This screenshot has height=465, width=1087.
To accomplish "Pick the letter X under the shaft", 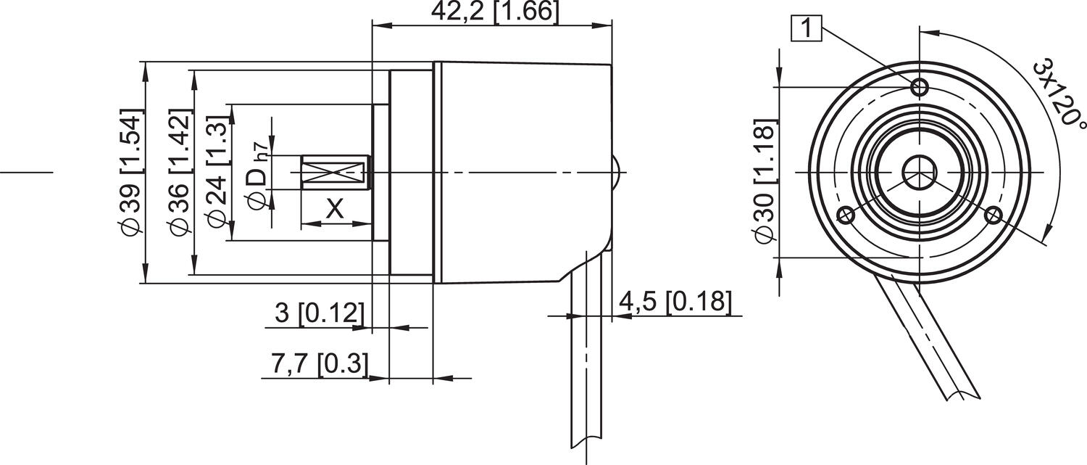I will coord(334,210).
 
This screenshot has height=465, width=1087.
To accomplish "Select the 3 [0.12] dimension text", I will coord(318,313).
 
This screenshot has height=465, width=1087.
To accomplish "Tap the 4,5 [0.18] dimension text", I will coord(674,301).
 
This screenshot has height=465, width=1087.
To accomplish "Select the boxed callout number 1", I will coord(807,29).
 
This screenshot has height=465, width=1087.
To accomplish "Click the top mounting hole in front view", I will coord(920,88).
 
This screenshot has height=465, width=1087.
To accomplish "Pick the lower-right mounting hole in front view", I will coord(994,214).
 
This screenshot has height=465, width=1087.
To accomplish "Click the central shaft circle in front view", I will coord(920,172).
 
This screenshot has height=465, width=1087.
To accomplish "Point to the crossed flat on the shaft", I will coord(331,173).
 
